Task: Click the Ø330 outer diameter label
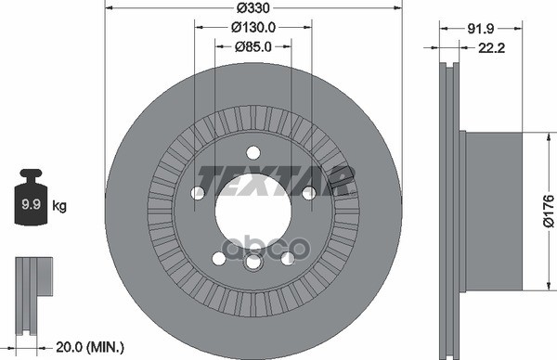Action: pos(253,7)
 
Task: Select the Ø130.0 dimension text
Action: pos(253,28)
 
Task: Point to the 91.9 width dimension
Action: pos(479,28)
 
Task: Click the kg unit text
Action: pos(59,205)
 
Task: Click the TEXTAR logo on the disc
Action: pos(278,176)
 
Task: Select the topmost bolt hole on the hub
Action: pos(253,151)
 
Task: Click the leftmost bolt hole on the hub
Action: pos(198,193)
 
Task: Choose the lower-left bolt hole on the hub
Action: pos(219,257)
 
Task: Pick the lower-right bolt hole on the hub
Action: pos(287,257)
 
